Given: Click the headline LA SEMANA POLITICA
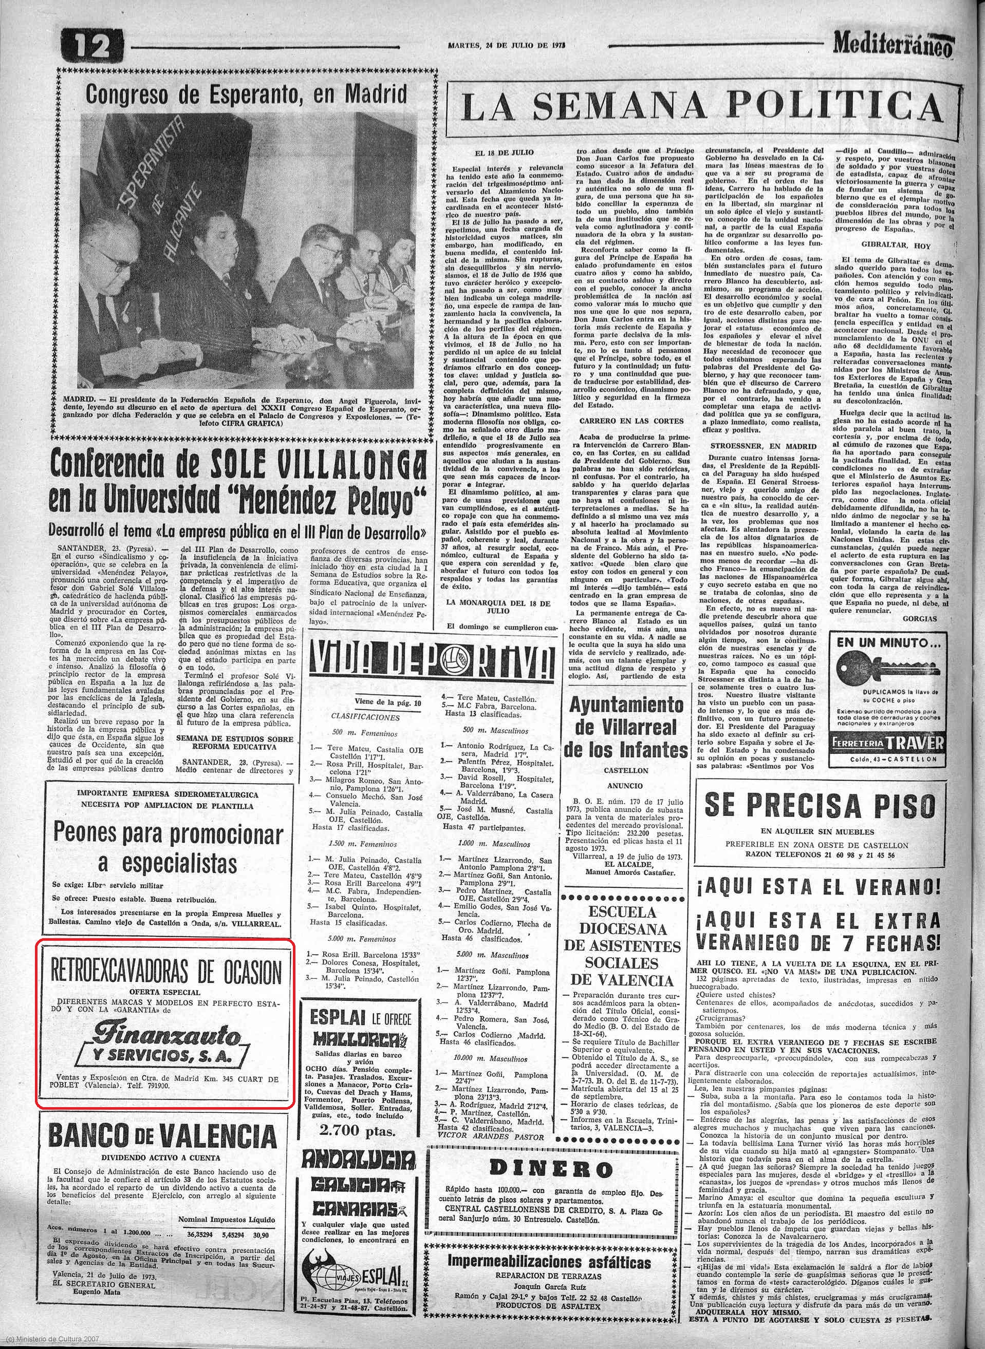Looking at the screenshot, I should tap(703, 108).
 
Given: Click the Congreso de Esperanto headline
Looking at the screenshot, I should tap(246, 94).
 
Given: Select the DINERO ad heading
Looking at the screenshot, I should tap(550, 1168).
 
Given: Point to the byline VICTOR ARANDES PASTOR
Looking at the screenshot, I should tap(491, 1136).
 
